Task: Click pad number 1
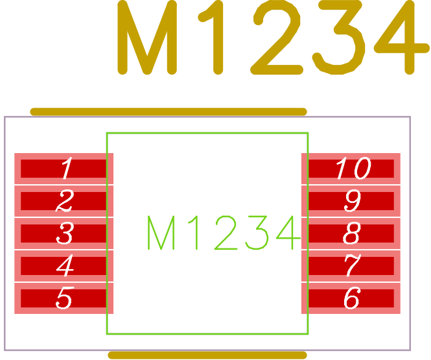(x=64, y=169)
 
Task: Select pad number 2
(x=64, y=201)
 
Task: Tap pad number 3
(x=64, y=234)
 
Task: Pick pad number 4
(x=64, y=266)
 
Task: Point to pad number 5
(x=64, y=298)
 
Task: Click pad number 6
(x=351, y=298)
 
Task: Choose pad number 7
(x=351, y=266)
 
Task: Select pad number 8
(x=351, y=234)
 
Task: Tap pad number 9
(x=351, y=201)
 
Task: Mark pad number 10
(x=351, y=169)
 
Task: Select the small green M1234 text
(x=223, y=234)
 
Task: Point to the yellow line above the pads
(x=169, y=112)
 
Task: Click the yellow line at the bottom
(x=207, y=355)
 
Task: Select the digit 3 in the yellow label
(x=338, y=38)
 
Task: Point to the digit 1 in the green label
(x=192, y=234)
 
